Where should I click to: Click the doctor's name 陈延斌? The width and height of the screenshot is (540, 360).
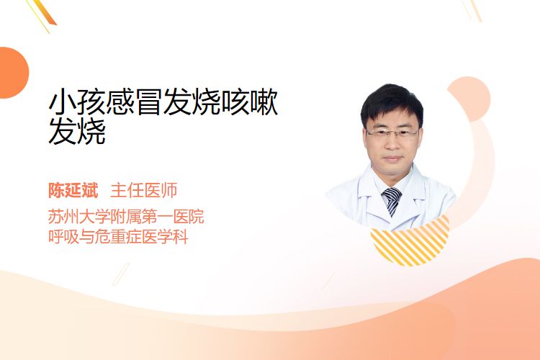point(73,190)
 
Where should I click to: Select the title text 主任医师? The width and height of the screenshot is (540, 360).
point(144,190)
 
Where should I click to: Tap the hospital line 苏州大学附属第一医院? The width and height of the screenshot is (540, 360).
point(126,216)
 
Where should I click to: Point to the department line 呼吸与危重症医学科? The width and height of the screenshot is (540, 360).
point(118,237)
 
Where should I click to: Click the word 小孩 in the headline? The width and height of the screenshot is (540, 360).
point(77,102)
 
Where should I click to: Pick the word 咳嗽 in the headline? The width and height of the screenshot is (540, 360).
point(249,102)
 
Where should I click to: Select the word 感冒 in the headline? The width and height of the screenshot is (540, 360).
point(135,102)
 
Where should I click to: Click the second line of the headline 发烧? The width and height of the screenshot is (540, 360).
point(77,131)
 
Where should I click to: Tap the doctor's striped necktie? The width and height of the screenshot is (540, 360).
point(392,201)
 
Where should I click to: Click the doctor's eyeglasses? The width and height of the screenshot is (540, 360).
point(392,133)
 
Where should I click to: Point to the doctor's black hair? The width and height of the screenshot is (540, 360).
point(392,102)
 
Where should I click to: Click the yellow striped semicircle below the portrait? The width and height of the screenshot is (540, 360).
point(410,241)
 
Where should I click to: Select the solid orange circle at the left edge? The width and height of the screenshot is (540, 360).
point(12,73)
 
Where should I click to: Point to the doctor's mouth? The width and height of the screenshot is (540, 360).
point(393,159)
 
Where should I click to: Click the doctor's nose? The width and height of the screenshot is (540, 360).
point(392,144)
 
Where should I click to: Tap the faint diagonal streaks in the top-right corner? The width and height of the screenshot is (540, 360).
point(472,10)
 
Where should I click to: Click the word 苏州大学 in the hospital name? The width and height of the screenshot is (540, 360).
point(79,216)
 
